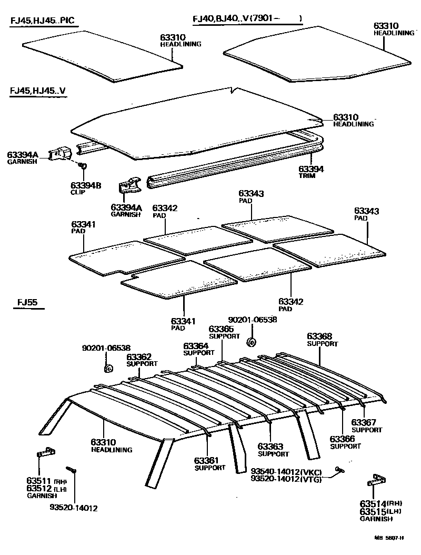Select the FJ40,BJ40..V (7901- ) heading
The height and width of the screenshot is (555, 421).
click(247, 19)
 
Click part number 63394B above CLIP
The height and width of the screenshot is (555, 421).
click(86, 185)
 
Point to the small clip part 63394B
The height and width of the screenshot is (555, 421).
click(83, 166)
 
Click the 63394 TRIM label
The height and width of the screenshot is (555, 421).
click(311, 169)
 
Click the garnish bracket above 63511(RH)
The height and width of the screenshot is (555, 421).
click(46, 452)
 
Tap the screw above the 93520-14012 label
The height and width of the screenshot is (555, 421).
click(71, 470)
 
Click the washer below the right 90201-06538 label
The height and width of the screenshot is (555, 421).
click(251, 343)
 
